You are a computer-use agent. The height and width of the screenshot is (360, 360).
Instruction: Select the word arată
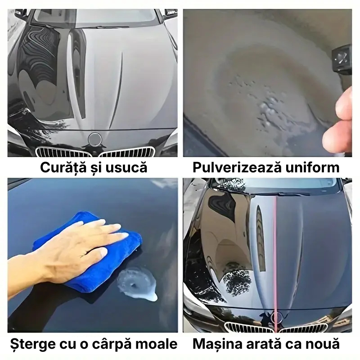(262, 345)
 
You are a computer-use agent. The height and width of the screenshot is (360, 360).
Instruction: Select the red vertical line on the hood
(274, 252)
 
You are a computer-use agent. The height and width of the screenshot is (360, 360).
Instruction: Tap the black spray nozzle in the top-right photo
(342, 58)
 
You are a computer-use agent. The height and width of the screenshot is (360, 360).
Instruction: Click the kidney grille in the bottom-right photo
(252, 327)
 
